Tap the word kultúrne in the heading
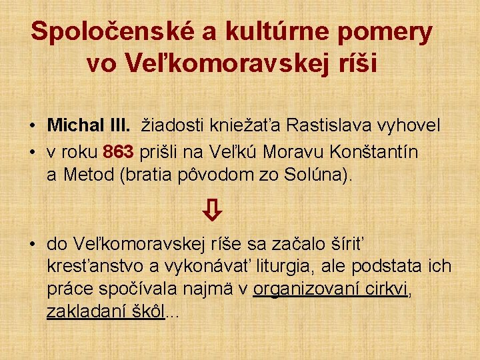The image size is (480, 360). pos(287,32)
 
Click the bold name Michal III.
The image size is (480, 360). pos(89,125)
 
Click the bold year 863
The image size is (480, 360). pos(119,152)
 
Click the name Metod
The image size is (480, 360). pos(80,175)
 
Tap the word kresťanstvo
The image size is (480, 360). pos(96,267)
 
